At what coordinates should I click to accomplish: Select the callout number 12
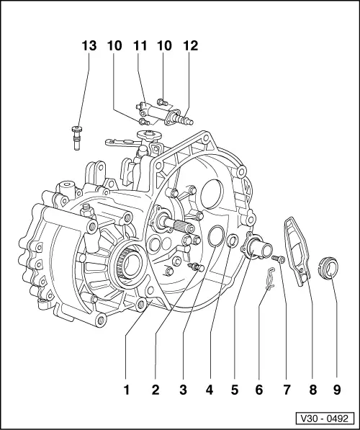190,45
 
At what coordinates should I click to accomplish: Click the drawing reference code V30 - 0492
325,417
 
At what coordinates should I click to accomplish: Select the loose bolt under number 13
76,136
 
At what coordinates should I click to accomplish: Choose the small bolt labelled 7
279,258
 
